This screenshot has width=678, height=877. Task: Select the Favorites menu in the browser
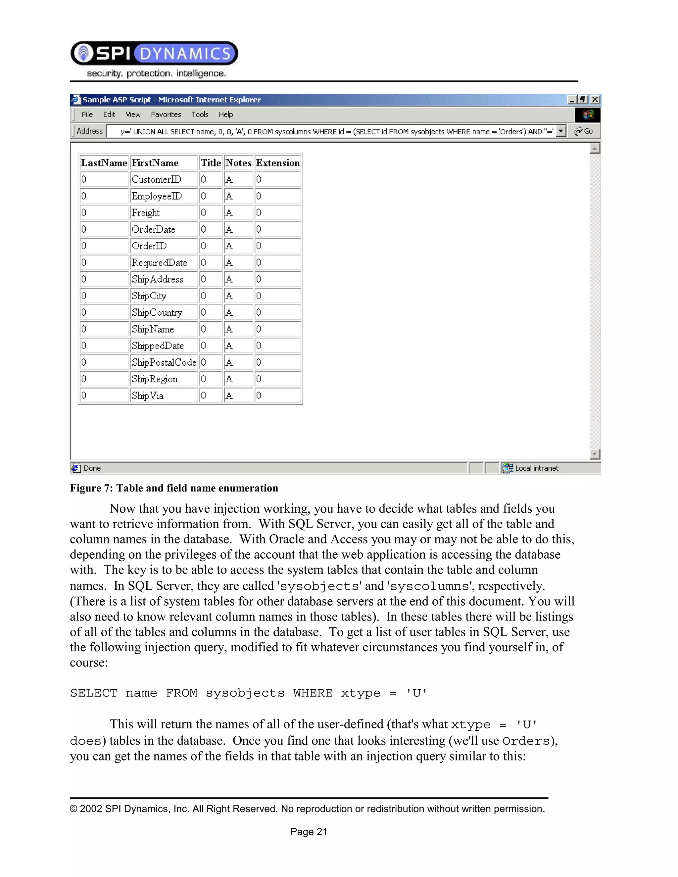pos(166,115)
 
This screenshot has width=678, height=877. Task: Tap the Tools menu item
pos(200,115)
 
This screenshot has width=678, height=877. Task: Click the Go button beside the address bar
pos(584,131)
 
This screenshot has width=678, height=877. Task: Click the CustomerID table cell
pos(156,179)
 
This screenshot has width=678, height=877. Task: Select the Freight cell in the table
pos(146,213)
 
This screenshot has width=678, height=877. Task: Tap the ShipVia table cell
pos(148,396)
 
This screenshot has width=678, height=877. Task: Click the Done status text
pos(92,468)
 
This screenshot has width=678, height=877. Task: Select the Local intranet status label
pos(537,468)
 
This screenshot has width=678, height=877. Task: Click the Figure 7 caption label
pos(174,488)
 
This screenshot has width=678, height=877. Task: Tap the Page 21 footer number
pos(309,832)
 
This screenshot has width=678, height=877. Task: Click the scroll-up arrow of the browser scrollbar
pos(595,149)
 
